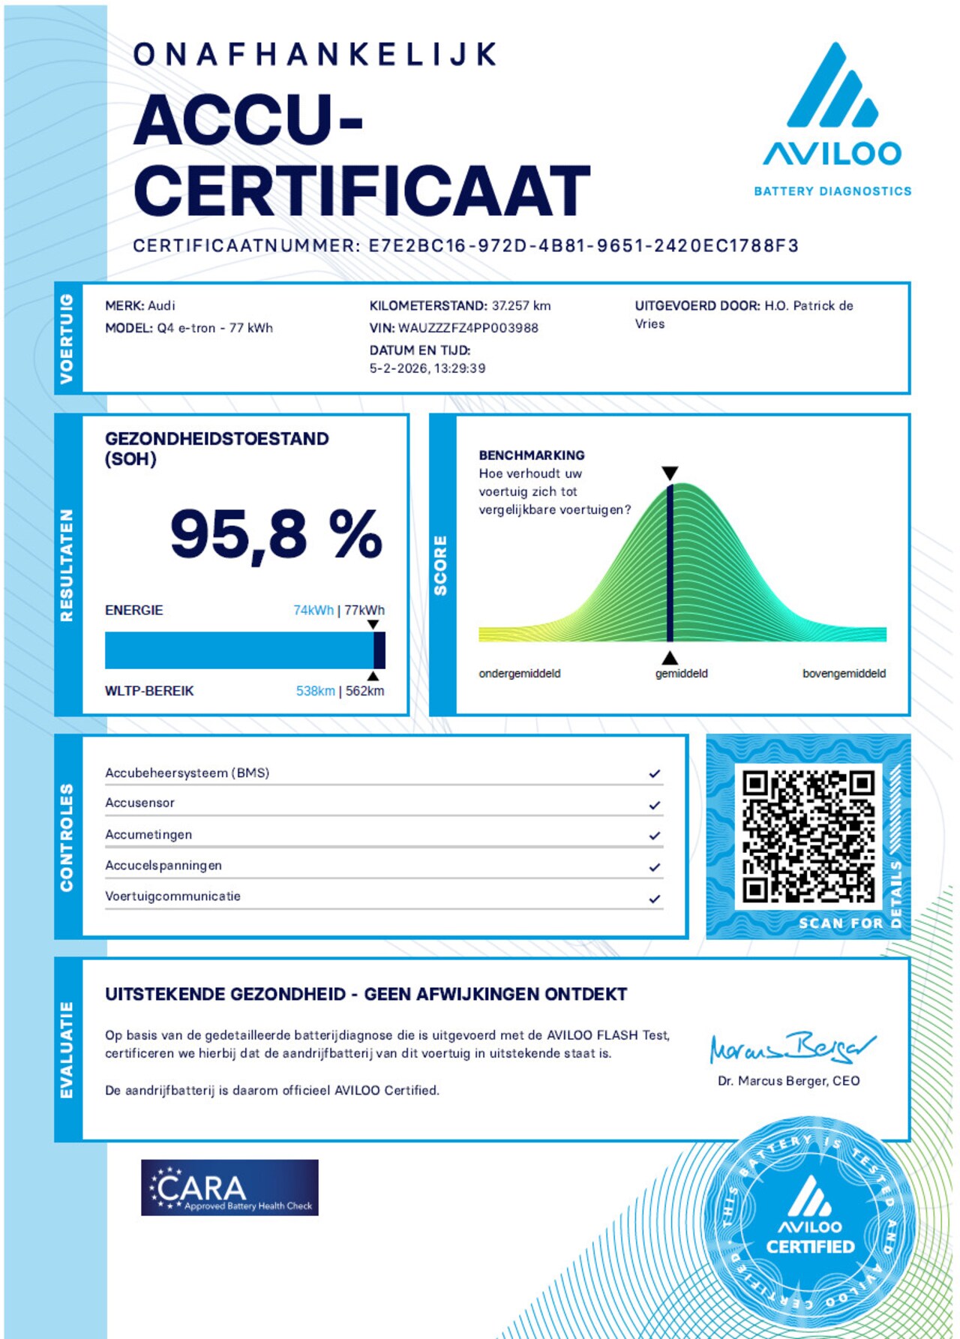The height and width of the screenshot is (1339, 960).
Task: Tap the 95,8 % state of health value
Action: point(276,534)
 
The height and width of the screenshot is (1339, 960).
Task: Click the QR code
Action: point(808,836)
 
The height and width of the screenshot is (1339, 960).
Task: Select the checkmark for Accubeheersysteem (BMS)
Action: point(655,773)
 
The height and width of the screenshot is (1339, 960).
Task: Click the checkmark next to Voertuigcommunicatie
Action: point(655,898)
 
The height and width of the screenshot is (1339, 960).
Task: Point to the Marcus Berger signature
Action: point(791,1048)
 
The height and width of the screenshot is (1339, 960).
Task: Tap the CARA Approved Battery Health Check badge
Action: point(229,1187)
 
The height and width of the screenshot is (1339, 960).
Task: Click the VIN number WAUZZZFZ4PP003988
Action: point(468,328)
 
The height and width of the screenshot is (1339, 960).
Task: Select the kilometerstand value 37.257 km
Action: point(521,305)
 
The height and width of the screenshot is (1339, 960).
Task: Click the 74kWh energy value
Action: point(313,610)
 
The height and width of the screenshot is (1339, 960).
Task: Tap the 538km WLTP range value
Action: point(315,691)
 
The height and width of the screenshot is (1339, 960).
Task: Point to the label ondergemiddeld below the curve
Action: point(520,674)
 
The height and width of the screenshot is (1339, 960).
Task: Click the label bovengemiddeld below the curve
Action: point(844,674)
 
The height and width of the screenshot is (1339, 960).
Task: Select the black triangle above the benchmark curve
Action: point(670,473)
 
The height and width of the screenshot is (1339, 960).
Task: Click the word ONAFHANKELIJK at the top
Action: point(315,54)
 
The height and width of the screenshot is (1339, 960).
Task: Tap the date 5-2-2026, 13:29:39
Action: point(427,368)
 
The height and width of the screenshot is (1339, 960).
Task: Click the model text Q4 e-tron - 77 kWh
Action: point(214,328)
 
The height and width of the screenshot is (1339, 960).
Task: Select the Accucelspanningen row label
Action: point(163,865)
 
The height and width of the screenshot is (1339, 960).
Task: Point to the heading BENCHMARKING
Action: point(532,455)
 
